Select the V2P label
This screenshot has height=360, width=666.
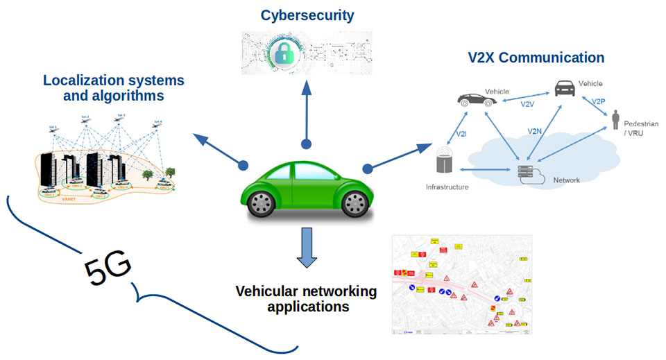coord(599,101)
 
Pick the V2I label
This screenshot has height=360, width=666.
coord(460,133)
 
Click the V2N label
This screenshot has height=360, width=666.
coord(534,130)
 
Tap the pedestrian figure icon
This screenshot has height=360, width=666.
coord(615,119)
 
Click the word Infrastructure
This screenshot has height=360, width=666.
coord(447,187)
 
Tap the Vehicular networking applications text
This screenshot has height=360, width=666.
coord(306,298)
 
